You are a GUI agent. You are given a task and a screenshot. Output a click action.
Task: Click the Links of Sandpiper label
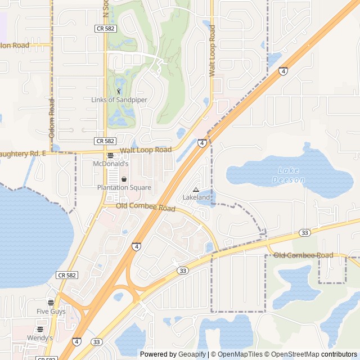[119, 100]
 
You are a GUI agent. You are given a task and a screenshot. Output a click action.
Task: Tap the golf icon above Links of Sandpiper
[119, 91]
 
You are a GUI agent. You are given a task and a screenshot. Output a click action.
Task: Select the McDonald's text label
[111, 164]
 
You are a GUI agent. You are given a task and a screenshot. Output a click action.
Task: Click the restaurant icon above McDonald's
[110, 156]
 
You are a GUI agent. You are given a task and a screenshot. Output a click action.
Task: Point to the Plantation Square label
[124, 187]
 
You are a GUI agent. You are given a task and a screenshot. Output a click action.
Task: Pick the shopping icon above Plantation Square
[124, 179]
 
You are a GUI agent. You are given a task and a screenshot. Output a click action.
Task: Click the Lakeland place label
[196, 197]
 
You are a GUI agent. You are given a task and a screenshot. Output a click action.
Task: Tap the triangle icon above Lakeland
[196, 190]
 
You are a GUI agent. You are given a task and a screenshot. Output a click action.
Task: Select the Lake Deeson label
[289, 175]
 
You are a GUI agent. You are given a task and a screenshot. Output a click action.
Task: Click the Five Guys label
[51, 311]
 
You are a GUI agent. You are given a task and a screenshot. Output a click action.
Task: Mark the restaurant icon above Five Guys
[51, 303]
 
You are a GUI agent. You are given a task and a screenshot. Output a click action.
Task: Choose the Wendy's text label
[40, 337]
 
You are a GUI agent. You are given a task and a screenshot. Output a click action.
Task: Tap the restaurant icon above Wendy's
[40, 330]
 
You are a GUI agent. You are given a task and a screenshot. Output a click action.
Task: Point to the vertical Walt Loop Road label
[212, 51]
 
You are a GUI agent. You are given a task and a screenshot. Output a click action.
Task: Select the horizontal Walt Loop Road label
[146, 150]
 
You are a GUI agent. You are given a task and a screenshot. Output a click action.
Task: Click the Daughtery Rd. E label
[21, 154]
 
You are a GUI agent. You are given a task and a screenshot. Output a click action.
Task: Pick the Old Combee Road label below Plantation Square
[146, 207]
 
